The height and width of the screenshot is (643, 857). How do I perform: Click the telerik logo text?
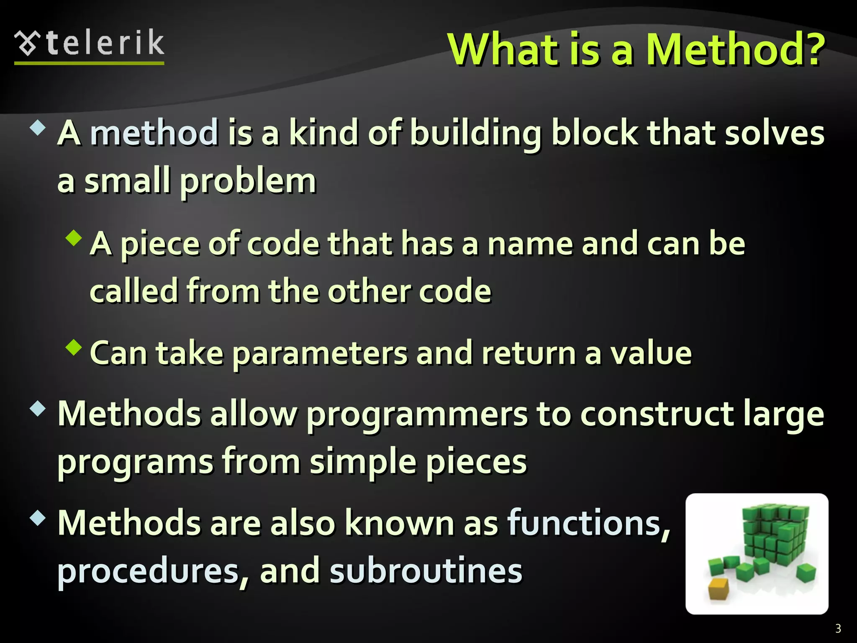click(x=105, y=44)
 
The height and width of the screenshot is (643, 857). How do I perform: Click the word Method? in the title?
click(x=735, y=49)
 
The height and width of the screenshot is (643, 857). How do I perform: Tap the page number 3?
click(x=838, y=628)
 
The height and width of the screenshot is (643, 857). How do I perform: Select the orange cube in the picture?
click(x=718, y=589)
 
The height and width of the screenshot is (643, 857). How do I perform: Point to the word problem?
click(x=248, y=182)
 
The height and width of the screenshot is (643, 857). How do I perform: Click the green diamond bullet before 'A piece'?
click(x=74, y=237)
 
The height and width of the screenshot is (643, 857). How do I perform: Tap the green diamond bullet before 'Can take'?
click(x=74, y=347)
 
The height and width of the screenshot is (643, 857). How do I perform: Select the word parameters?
click(x=319, y=354)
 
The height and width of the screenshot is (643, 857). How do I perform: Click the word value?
click(x=651, y=353)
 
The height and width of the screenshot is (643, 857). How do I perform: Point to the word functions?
click(x=588, y=523)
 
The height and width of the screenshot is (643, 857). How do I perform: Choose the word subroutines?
click(x=426, y=571)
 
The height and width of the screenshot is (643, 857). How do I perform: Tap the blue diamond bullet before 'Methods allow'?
click(x=38, y=409)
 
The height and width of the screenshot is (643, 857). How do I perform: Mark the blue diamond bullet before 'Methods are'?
click(x=38, y=518)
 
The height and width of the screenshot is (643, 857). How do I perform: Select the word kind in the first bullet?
click(x=323, y=133)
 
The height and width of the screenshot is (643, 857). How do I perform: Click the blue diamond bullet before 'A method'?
click(x=38, y=128)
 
